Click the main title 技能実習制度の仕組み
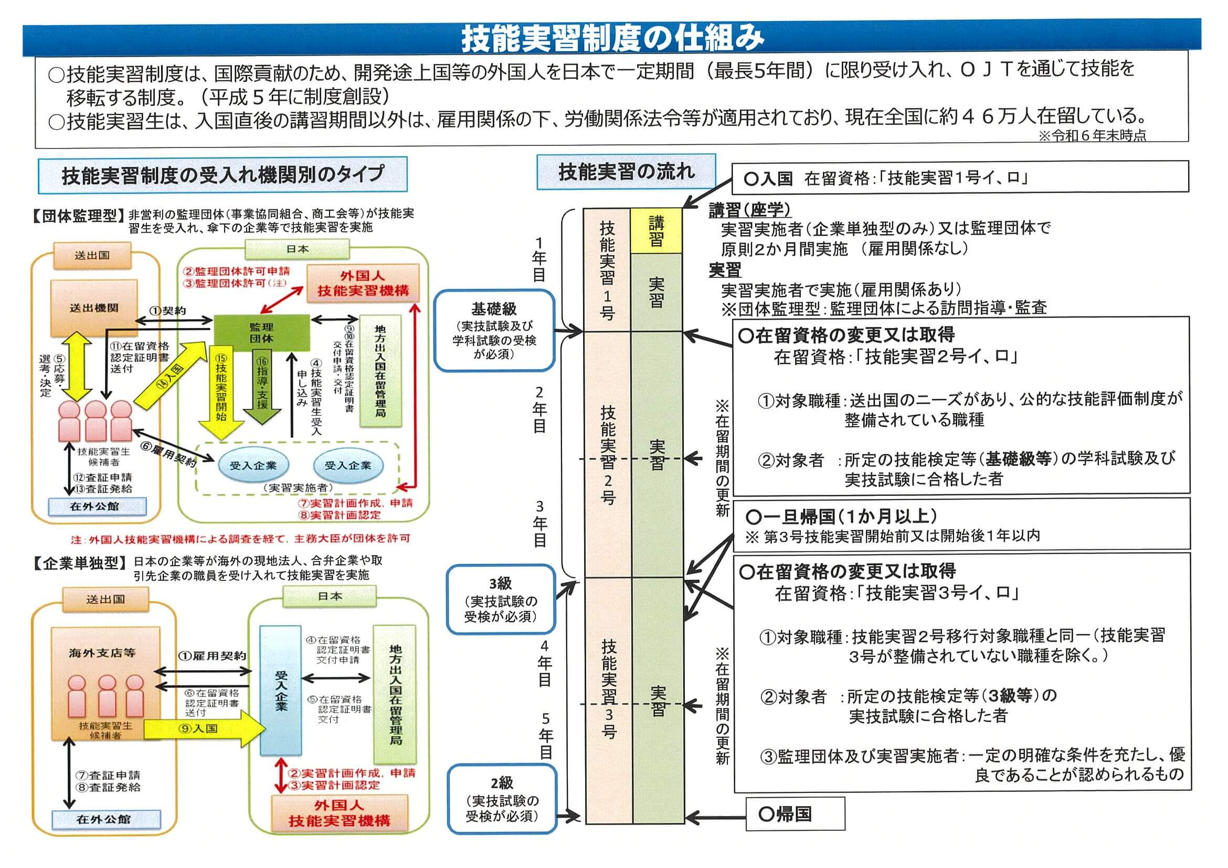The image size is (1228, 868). pyautogui.click(x=613, y=37)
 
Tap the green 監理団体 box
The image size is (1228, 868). pyautogui.click(x=261, y=332)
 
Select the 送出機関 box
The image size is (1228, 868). pyautogui.click(x=94, y=308)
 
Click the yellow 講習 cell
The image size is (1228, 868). pyautogui.click(x=657, y=230)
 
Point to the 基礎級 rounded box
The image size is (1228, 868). pyautogui.click(x=494, y=331)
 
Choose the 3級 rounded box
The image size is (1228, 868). pyautogui.click(x=501, y=599)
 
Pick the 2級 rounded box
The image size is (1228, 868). pyautogui.click(x=502, y=799)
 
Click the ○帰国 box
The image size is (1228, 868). pyautogui.click(x=795, y=814)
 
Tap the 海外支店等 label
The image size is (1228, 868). pyautogui.click(x=102, y=653)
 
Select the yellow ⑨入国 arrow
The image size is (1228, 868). pyautogui.click(x=205, y=728)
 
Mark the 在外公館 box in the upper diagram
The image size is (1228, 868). pyautogui.click(x=97, y=506)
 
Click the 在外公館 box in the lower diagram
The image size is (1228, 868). pyautogui.click(x=106, y=819)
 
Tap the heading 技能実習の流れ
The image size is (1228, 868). pyautogui.click(x=626, y=172)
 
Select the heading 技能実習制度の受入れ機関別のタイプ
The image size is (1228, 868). pyautogui.click(x=223, y=174)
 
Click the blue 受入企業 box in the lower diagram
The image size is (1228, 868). pyautogui.click(x=281, y=691)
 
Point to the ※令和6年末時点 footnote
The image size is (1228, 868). pyautogui.click(x=1092, y=135)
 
